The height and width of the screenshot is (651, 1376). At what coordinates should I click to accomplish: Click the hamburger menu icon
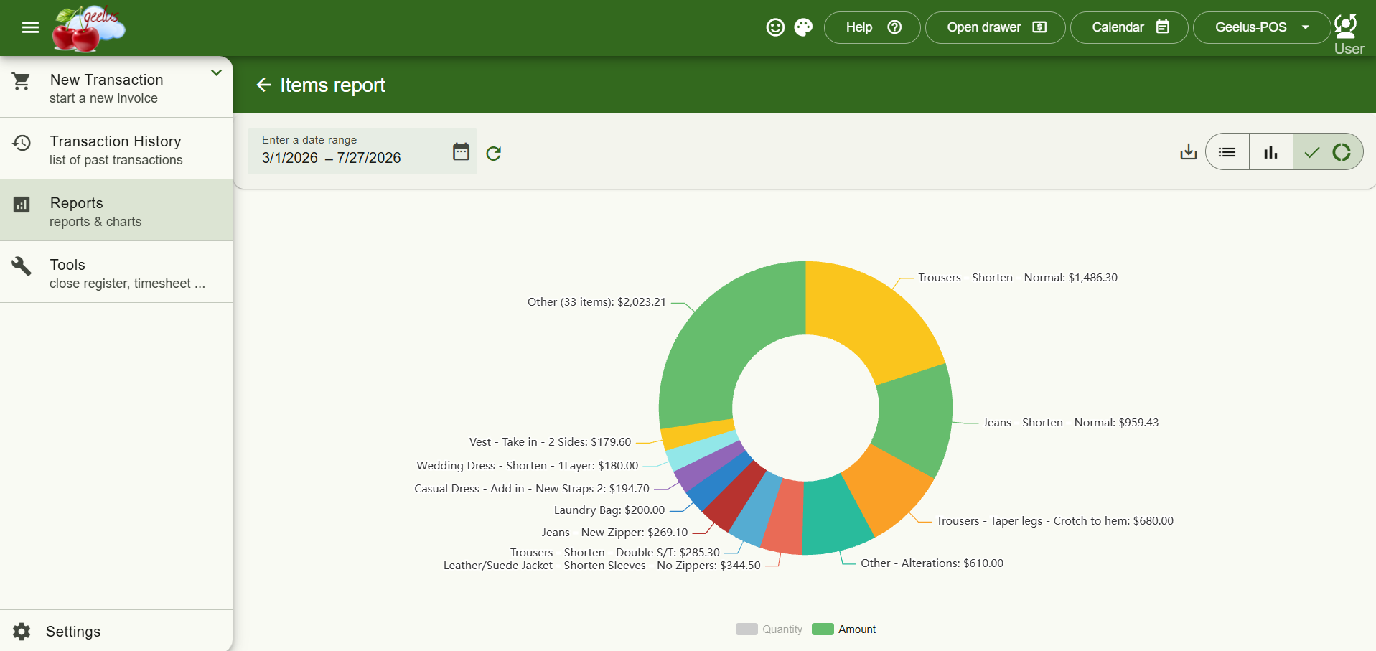(x=30, y=27)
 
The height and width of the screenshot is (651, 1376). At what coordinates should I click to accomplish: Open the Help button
(x=872, y=27)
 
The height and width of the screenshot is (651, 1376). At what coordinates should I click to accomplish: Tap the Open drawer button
(x=995, y=27)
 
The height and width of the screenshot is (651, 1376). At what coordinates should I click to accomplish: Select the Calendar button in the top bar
(x=1129, y=27)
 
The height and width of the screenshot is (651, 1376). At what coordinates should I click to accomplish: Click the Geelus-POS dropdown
(x=1261, y=27)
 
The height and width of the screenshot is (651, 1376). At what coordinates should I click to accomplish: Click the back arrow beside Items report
(x=263, y=85)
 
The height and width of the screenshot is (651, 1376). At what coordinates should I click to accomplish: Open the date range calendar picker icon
(x=461, y=151)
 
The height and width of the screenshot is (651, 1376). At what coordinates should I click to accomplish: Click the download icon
(x=1189, y=151)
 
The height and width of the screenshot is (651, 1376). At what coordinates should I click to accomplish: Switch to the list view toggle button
(x=1227, y=151)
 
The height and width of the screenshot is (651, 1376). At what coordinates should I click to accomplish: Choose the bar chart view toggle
(x=1271, y=151)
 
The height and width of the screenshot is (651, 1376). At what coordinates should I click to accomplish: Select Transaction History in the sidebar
(x=116, y=149)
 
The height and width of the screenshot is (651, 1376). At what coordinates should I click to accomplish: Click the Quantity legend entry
(x=769, y=629)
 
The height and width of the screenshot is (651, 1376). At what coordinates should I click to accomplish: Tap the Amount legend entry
(x=844, y=629)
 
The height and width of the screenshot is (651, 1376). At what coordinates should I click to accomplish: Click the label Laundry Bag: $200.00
(x=609, y=510)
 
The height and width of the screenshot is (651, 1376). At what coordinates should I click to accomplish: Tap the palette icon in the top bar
(x=803, y=27)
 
